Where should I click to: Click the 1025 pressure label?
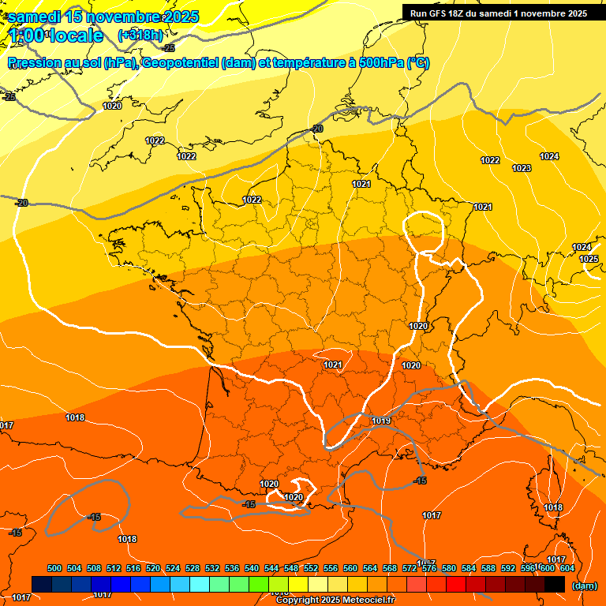click(589, 259)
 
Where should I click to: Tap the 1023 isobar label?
click(522, 168)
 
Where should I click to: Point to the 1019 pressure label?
click(381, 421)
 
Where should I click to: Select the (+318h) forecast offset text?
click(141, 36)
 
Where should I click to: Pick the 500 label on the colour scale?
click(54, 568)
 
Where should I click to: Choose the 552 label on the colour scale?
click(311, 568)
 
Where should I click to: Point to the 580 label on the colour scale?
click(449, 568)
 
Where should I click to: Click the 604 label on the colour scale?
click(567, 568)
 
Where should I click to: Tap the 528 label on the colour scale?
click(193, 568)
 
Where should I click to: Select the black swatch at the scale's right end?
click(554, 584)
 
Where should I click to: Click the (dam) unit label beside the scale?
click(584, 585)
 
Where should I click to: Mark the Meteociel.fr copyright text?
click(335, 600)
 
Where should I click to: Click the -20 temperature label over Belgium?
click(317, 129)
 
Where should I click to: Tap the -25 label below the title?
click(168, 48)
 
